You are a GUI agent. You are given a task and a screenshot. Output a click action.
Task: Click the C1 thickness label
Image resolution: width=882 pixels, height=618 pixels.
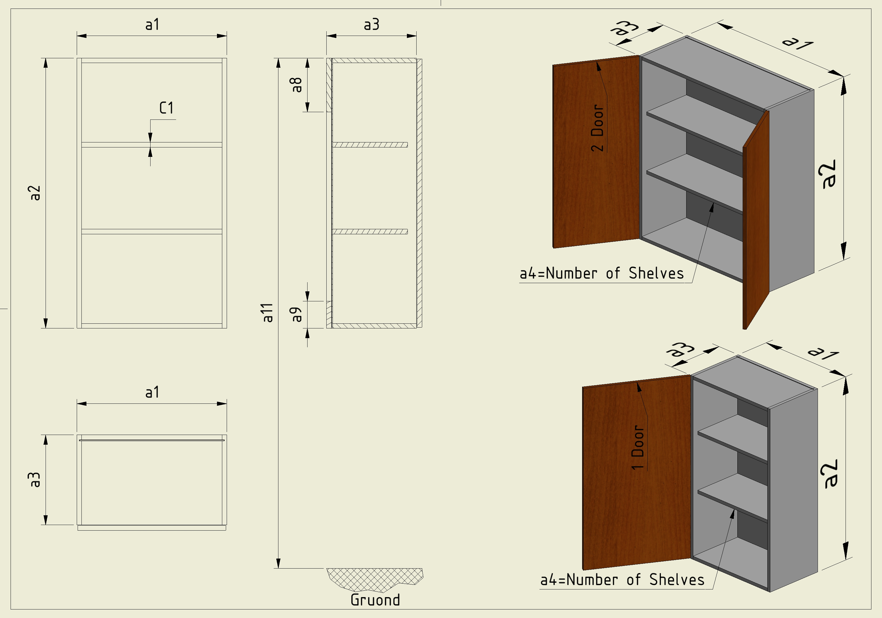(166, 108)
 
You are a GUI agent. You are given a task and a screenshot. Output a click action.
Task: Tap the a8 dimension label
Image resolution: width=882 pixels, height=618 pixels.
(297, 85)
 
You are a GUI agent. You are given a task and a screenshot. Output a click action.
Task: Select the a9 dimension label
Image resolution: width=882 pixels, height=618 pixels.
(297, 314)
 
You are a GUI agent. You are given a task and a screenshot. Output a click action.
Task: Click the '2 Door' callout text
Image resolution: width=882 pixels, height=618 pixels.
(597, 128)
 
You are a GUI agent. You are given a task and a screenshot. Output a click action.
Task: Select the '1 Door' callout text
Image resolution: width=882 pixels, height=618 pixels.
(638, 447)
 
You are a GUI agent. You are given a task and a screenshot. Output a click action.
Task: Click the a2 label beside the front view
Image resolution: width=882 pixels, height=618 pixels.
(35, 193)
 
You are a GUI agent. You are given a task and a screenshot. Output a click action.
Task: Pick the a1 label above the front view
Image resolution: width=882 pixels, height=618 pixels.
(152, 25)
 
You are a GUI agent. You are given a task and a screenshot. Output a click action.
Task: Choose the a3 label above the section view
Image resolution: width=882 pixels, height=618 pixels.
(372, 25)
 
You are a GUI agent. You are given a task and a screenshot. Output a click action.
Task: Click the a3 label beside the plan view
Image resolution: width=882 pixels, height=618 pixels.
(35, 480)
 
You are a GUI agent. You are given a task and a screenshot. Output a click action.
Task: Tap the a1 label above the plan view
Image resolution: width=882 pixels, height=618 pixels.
(152, 393)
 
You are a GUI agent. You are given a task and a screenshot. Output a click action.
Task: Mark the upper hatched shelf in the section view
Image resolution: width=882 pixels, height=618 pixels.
(370, 145)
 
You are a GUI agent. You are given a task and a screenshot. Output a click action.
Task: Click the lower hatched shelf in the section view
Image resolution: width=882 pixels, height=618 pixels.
(370, 232)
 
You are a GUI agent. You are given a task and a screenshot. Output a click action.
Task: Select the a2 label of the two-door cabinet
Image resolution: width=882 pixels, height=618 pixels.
(828, 174)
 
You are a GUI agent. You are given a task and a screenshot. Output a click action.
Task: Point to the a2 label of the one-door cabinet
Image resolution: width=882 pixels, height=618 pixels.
(831, 474)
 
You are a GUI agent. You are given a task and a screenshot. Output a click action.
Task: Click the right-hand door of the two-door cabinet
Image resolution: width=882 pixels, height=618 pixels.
(756, 219)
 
